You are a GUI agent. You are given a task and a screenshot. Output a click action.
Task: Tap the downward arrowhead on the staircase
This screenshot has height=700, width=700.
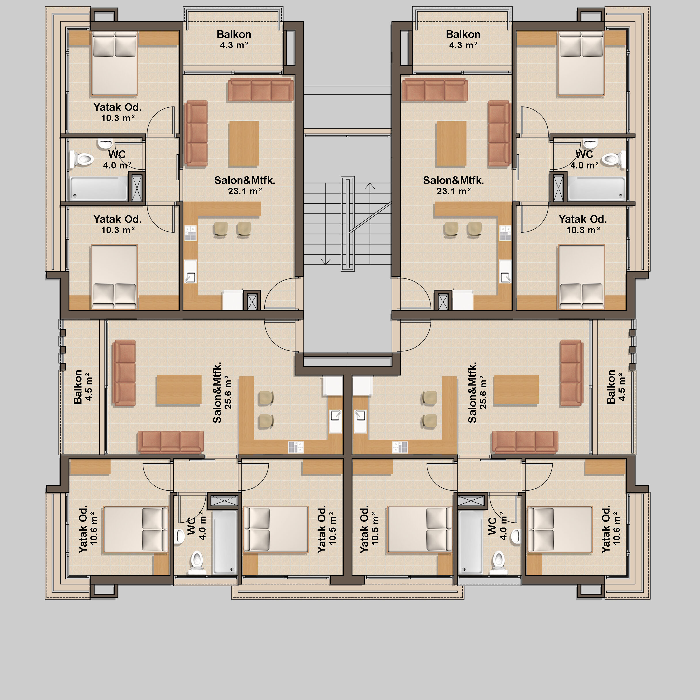coord(325,261)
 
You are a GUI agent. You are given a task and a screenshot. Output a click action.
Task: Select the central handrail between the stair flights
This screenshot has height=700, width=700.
coord(348,223)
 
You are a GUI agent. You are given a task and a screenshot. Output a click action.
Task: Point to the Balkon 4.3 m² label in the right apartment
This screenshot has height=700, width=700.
coord(463,39)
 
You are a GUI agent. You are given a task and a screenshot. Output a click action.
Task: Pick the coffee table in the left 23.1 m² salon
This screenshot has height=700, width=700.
coord(244,144)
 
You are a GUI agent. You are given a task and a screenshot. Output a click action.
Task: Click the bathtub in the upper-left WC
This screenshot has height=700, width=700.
coord(98,188)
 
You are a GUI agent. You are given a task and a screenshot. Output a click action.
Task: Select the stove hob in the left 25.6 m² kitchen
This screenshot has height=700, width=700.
coord(296,447)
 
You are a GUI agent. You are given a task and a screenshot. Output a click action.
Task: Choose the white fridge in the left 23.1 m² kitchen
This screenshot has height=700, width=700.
coord(232,300)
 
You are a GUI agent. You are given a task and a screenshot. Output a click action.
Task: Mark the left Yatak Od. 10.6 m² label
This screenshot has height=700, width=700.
coord(88,529)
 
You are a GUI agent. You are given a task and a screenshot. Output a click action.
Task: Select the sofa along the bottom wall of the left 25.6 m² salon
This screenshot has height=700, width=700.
coord(170,442)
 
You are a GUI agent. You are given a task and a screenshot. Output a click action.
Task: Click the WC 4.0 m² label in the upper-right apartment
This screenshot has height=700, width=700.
coord(585,160)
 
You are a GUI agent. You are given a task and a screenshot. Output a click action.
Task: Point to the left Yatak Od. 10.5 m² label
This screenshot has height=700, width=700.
coord(327,529)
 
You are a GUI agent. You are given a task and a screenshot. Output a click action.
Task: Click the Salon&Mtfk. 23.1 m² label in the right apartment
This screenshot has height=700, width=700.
coord(453,185)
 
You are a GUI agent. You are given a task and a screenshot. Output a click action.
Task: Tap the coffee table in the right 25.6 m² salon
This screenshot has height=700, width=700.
coord(516,390)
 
